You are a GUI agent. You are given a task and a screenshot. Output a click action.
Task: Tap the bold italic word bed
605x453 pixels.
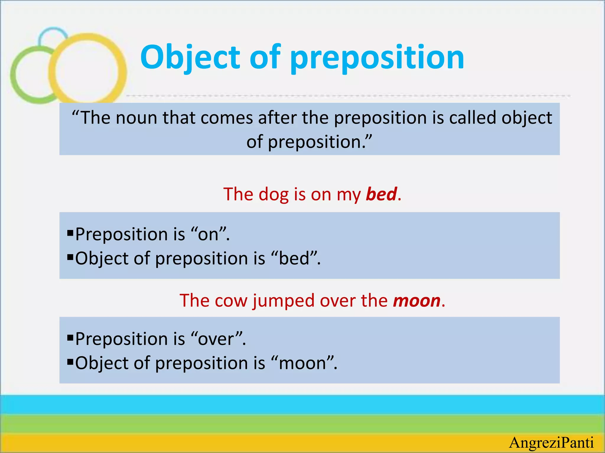click(381, 194)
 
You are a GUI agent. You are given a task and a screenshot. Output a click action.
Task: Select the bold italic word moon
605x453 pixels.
click(417, 301)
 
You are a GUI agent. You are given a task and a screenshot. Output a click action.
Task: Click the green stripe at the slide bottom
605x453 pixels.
click(302, 424)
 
